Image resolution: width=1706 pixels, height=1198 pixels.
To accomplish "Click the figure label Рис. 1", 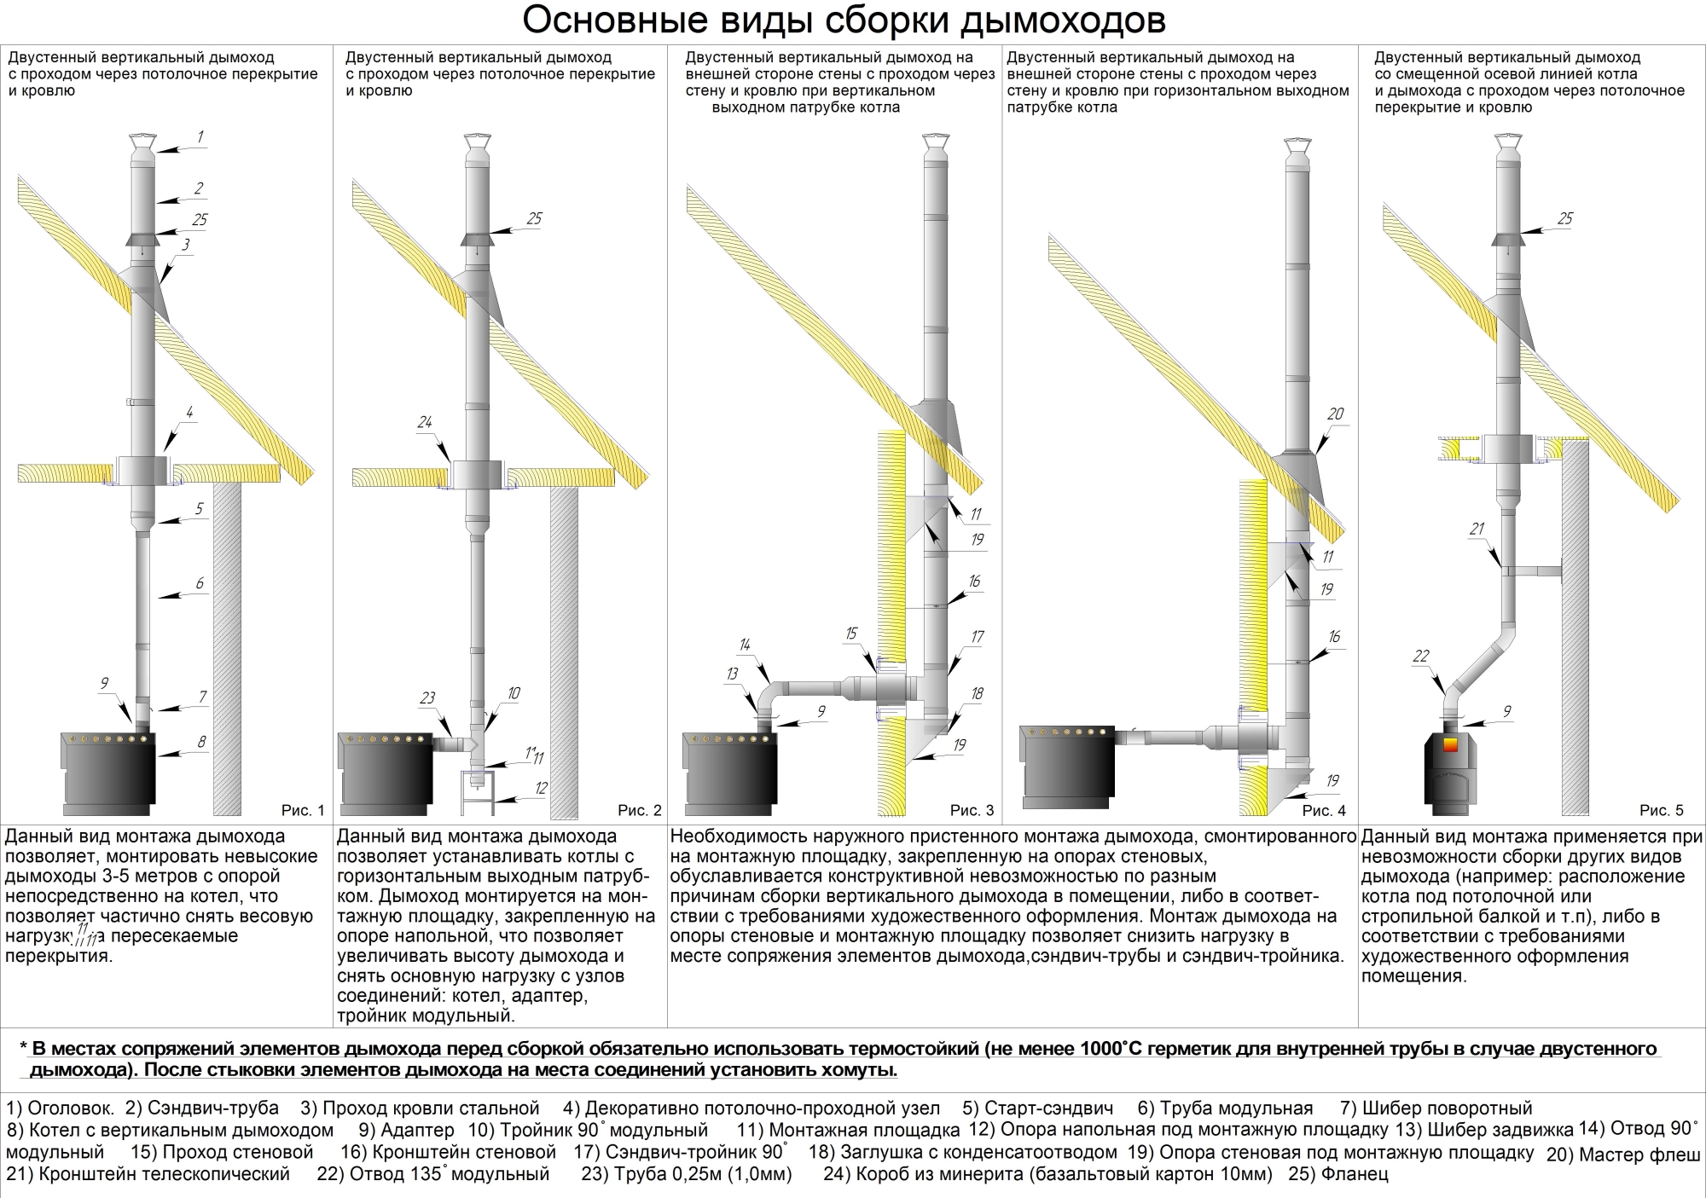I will [x=303, y=810].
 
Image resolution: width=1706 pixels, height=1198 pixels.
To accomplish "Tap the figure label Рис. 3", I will [x=972, y=810].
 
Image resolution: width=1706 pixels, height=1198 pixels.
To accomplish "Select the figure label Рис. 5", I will [x=1662, y=810].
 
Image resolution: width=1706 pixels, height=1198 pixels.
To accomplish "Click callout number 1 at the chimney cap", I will [x=200, y=136].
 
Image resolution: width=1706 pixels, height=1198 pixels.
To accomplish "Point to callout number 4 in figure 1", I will [x=189, y=413].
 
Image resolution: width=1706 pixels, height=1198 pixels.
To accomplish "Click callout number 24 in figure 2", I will [x=425, y=422].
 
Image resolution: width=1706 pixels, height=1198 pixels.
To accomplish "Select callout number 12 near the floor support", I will [x=541, y=788].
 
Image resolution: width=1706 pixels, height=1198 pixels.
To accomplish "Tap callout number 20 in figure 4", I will [x=1335, y=414].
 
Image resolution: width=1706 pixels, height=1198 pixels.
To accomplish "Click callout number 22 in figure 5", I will [x=1420, y=657].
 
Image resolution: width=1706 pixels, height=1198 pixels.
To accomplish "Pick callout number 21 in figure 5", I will [x=1477, y=529].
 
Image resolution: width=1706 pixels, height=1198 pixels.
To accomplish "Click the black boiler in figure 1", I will [x=108, y=772].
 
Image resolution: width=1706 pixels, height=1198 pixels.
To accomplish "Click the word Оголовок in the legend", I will [x=70, y=1108].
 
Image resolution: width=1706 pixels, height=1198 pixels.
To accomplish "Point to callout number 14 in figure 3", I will [x=745, y=645].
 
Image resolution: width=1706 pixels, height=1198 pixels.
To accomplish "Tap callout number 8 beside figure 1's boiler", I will [x=201, y=742].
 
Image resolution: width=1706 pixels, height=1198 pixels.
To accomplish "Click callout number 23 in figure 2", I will [x=427, y=698].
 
